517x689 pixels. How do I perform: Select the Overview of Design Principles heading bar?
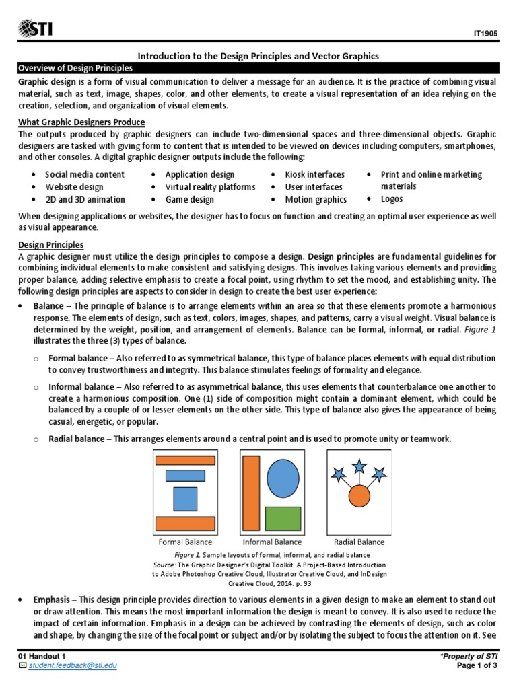(x=258, y=69)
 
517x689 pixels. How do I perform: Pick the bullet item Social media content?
(x=85, y=174)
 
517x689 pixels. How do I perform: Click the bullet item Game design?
(x=190, y=199)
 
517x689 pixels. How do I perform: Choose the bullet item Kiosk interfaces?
(x=314, y=174)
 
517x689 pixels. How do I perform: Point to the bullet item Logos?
(x=392, y=199)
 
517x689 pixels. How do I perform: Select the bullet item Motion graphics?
(x=316, y=199)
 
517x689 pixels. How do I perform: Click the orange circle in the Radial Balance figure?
(x=359, y=497)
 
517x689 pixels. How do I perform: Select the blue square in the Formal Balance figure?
(x=185, y=499)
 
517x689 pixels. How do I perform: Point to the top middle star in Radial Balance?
(x=360, y=465)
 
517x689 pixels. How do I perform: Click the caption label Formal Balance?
(x=185, y=542)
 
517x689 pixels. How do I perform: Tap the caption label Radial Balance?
(x=359, y=542)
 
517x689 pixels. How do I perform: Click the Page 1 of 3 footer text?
(x=477, y=665)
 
